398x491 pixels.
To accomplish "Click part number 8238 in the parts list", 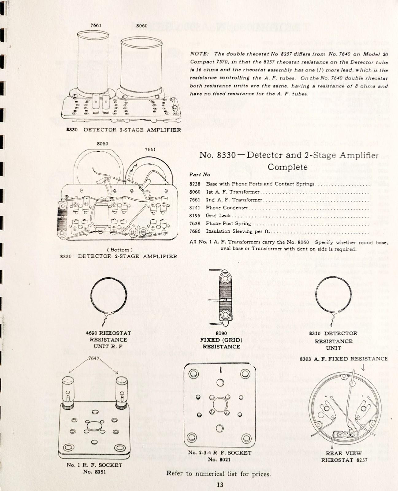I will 195,184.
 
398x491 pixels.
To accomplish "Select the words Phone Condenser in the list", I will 227,208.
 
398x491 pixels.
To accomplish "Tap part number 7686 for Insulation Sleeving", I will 195,231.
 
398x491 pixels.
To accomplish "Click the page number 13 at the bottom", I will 220,485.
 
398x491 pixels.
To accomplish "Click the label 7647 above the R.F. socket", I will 94,358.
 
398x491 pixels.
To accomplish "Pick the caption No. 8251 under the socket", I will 94,472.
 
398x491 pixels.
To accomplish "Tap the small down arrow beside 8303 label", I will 363,366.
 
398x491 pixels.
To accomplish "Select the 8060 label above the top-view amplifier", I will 141,25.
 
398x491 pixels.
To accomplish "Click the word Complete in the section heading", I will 288,167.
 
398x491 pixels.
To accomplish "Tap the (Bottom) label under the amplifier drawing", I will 120,250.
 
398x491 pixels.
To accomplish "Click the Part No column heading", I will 200,175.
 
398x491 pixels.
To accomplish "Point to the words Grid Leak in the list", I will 218,215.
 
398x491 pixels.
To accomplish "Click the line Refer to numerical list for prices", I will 218,474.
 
